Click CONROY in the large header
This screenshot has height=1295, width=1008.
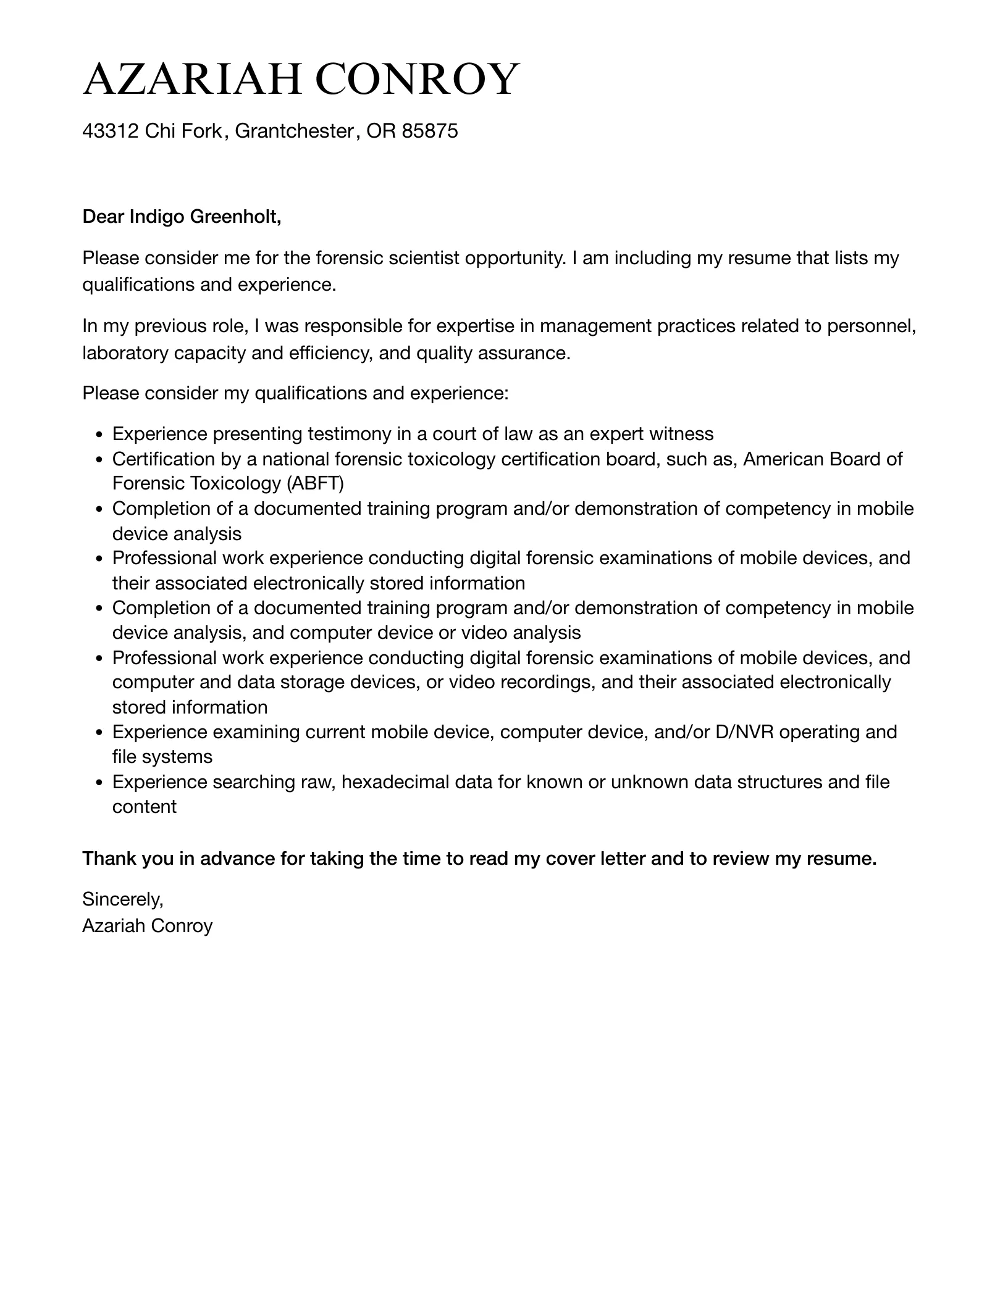point(418,80)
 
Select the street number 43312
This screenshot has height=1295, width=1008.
point(111,131)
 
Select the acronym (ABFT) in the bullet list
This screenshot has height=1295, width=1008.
point(315,483)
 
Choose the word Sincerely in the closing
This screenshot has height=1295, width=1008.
point(122,899)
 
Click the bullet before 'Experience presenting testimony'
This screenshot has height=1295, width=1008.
point(99,435)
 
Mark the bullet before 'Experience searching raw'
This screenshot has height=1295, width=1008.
point(99,783)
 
